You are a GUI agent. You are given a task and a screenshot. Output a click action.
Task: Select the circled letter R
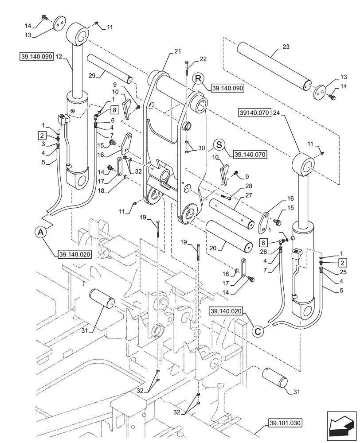click(198, 79)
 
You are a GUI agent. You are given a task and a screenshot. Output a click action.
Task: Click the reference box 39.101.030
click(285, 423)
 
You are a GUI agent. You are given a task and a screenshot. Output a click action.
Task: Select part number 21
click(177, 52)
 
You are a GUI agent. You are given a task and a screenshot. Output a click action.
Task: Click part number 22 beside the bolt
click(203, 59)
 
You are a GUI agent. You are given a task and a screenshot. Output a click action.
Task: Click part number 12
click(59, 57)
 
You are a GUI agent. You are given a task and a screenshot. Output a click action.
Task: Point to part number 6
click(113, 120)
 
